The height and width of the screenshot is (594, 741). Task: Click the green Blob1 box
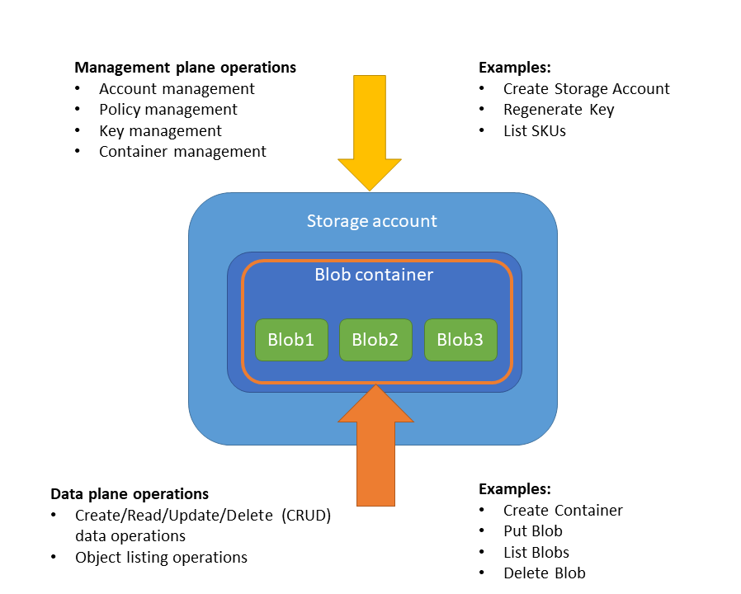click(291, 339)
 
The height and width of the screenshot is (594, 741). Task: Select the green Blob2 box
click(375, 339)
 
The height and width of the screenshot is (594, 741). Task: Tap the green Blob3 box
click(460, 339)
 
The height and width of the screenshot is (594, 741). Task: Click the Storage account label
click(371, 221)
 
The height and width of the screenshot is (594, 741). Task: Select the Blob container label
click(374, 275)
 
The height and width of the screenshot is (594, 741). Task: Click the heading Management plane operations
click(185, 68)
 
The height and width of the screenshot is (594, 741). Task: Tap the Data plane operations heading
click(130, 494)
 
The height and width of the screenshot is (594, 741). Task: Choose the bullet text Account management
click(177, 89)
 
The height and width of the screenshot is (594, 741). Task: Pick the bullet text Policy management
click(168, 110)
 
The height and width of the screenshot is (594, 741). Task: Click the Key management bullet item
click(160, 131)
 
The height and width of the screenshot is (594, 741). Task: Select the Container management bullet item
click(182, 152)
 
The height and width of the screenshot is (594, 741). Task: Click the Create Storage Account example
click(586, 89)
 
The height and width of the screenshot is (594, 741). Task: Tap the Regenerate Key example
click(559, 110)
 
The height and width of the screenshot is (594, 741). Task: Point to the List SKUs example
click(534, 130)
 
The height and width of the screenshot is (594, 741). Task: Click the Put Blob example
click(532, 531)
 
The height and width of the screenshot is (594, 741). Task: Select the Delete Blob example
click(544, 573)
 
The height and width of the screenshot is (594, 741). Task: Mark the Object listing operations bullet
click(161, 558)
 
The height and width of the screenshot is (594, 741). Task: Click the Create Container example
click(563, 511)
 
